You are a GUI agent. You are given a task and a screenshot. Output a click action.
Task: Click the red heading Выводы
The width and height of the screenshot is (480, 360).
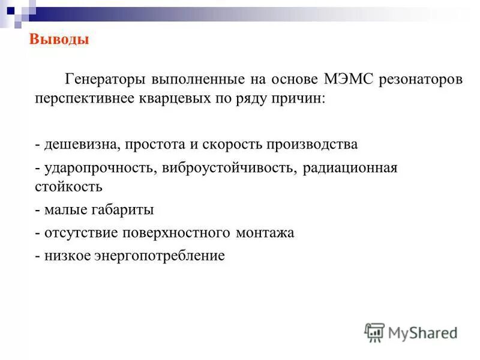pos(59,40)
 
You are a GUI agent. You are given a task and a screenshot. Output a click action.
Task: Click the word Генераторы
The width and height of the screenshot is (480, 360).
pos(105,79)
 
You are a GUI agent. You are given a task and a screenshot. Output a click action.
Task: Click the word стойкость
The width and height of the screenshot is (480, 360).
pos(68,187)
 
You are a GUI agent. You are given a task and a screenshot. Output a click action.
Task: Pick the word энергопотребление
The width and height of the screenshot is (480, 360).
pos(158,256)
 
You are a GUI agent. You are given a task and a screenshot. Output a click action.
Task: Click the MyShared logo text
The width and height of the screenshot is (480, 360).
pos(422,332)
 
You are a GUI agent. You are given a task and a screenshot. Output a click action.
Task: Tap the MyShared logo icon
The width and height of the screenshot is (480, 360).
pos(374,331)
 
